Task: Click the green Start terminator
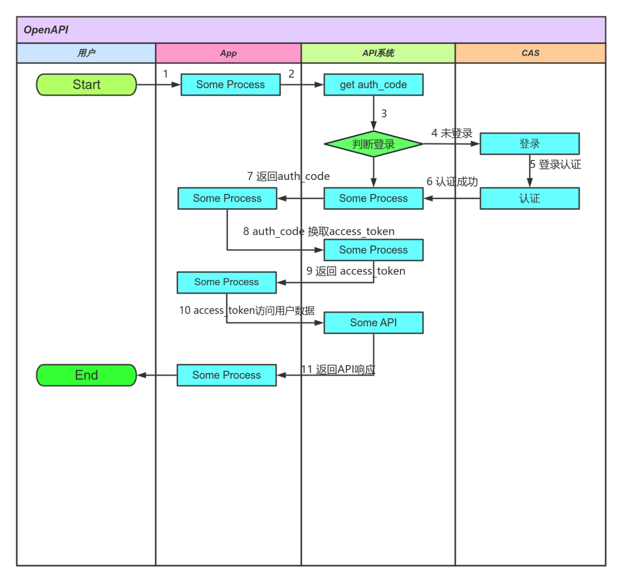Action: pyautogui.click(x=86, y=84)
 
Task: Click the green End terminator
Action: pyautogui.click(x=86, y=375)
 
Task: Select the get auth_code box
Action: pyautogui.click(x=373, y=84)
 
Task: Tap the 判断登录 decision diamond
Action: pyautogui.click(x=373, y=144)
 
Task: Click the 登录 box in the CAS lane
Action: pyautogui.click(x=529, y=144)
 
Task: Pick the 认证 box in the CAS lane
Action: pyautogui.click(x=529, y=198)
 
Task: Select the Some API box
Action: pyautogui.click(x=373, y=323)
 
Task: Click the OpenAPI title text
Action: pyautogui.click(x=46, y=30)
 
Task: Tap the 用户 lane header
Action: pyautogui.click(x=86, y=53)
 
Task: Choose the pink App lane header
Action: pyautogui.click(x=228, y=53)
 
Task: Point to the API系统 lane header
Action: pyautogui.click(x=378, y=53)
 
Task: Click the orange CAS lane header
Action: pyautogui.click(x=530, y=53)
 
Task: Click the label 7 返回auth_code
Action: pyautogui.click(x=288, y=176)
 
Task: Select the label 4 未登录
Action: pyautogui.click(x=452, y=133)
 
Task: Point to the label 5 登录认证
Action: pyautogui.click(x=555, y=164)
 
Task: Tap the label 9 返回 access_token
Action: pyautogui.click(x=355, y=271)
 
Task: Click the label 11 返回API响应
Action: pyautogui.click(x=338, y=370)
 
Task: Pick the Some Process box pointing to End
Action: pyautogui.click(x=227, y=375)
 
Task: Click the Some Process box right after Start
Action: pyautogui.click(x=231, y=84)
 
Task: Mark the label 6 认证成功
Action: pyautogui.click(x=452, y=181)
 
